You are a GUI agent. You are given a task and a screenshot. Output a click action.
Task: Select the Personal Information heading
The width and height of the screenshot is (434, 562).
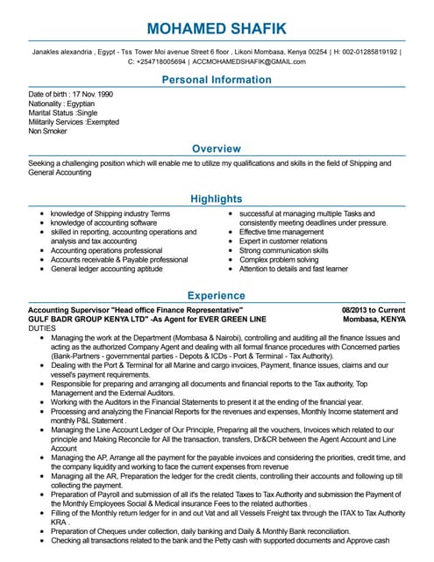(x=217, y=81)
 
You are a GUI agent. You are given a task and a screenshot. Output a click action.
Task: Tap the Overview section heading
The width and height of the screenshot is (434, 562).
(x=217, y=148)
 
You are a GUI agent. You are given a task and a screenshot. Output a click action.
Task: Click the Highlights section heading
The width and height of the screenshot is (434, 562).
(x=217, y=199)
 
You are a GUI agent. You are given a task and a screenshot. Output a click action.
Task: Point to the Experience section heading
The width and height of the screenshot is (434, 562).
(x=217, y=296)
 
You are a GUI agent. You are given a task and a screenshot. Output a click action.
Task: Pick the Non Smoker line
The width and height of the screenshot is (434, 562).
(x=48, y=131)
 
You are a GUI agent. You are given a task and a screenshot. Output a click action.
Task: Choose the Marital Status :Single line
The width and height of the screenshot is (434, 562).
(x=62, y=112)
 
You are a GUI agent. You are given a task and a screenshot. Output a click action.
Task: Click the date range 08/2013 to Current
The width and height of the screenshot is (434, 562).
(x=374, y=311)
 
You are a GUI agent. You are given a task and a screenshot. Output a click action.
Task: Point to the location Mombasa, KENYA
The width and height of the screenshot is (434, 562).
(x=374, y=319)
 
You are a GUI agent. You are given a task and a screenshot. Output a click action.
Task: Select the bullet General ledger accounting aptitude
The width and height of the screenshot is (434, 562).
(x=106, y=269)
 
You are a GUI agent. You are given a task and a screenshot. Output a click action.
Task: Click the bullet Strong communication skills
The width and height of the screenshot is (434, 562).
(x=284, y=250)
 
